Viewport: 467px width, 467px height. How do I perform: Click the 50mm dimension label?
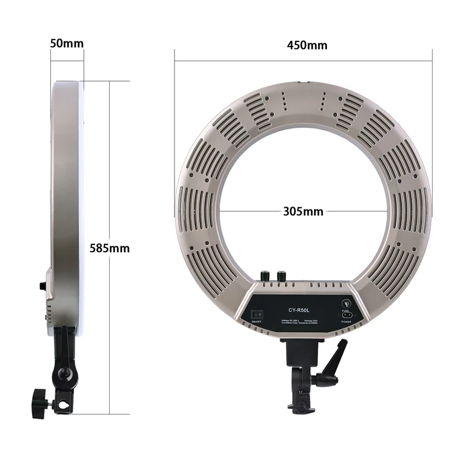click(x=67, y=44)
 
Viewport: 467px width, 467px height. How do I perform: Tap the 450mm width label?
click(x=307, y=46)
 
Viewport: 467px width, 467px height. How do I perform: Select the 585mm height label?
click(x=109, y=248)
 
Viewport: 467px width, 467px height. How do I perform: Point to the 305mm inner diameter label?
click(x=302, y=211)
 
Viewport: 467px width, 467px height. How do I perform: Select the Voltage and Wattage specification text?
click(x=300, y=319)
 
